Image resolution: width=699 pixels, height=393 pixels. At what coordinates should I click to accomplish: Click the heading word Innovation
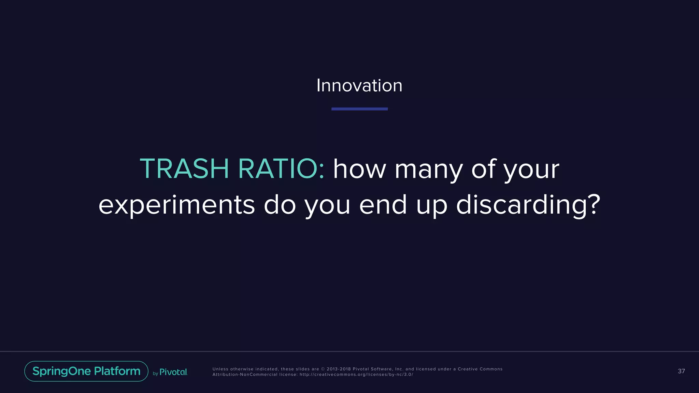point(359,85)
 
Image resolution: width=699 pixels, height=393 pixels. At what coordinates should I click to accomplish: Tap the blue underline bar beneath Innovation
point(359,109)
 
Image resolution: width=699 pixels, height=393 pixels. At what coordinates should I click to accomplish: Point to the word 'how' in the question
point(359,169)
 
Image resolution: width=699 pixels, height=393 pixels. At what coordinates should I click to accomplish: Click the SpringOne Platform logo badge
point(86,371)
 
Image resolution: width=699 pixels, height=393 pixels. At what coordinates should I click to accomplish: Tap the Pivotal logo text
point(173,372)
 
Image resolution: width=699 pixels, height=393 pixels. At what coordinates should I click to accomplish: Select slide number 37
point(681,371)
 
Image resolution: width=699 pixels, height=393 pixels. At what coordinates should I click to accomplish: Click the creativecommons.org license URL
point(356,375)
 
